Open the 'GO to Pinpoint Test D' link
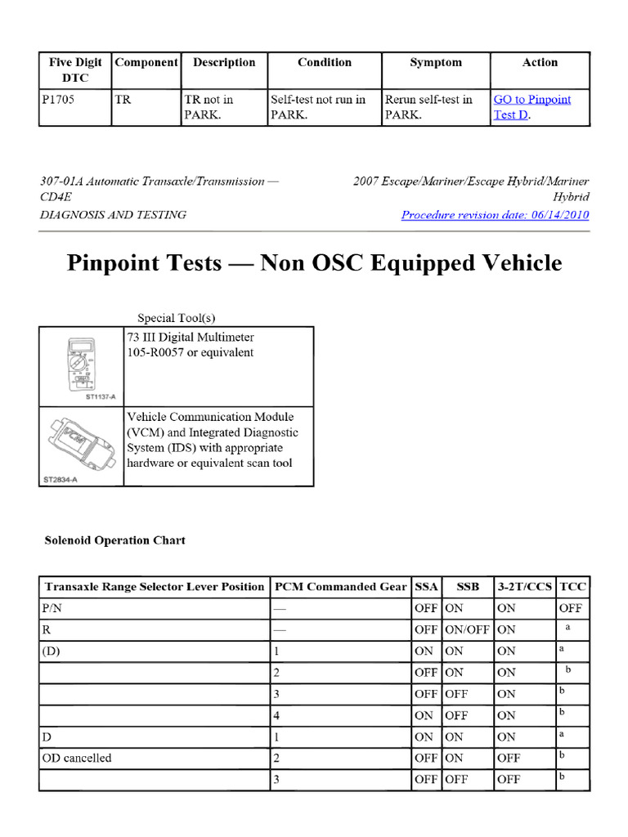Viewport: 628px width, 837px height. click(x=532, y=107)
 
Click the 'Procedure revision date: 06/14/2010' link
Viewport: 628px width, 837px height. click(x=495, y=215)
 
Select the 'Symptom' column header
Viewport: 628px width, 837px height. click(x=435, y=63)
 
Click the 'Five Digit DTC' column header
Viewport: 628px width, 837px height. click(x=75, y=70)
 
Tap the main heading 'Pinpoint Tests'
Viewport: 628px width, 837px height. click(x=314, y=262)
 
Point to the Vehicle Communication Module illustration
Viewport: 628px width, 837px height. click(x=81, y=441)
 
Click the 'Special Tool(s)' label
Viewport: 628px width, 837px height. click(x=176, y=318)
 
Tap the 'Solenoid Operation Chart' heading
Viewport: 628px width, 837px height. click(x=114, y=540)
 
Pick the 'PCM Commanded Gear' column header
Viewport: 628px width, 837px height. click(x=340, y=587)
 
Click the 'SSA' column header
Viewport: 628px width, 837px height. click(x=426, y=587)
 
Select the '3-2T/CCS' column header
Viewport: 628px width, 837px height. click(x=524, y=587)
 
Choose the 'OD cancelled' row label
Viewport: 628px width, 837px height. click(x=77, y=758)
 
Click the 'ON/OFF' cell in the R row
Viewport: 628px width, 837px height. click(x=467, y=629)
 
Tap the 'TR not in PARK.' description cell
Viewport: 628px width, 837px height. click(x=209, y=107)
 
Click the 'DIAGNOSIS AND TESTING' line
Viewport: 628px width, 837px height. click(x=113, y=215)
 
